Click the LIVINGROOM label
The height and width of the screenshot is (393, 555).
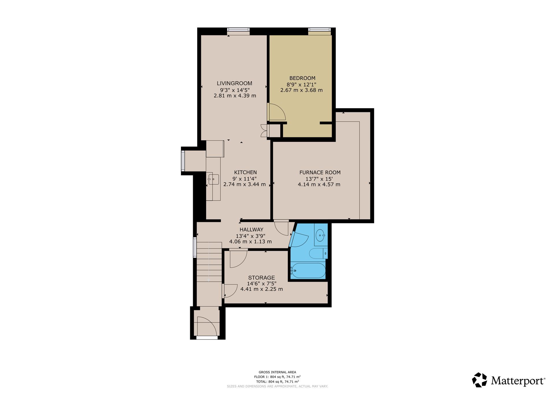pyautogui.click(x=234, y=83)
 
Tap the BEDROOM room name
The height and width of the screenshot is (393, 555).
pyautogui.click(x=302, y=78)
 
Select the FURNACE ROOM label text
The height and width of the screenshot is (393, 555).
pyautogui.click(x=320, y=172)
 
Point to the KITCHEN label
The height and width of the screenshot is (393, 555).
pyautogui.click(x=245, y=172)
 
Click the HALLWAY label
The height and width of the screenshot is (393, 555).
pyautogui.click(x=251, y=230)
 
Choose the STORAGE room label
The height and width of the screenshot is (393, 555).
pyautogui.click(x=262, y=278)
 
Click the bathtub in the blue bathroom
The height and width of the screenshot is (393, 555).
pyautogui.click(x=308, y=271)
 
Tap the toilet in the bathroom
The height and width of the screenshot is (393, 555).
pyautogui.click(x=318, y=254)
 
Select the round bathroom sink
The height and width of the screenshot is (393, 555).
pyautogui.click(x=320, y=235)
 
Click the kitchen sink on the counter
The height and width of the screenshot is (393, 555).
pyautogui.click(x=213, y=179)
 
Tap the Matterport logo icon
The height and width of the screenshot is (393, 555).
pyautogui.click(x=480, y=380)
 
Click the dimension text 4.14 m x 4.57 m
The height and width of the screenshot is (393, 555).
pyautogui.click(x=319, y=184)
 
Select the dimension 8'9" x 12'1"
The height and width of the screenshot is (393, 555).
pyautogui.click(x=301, y=85)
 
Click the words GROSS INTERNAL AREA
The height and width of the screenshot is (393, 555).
pyautogui.click(x=277, y=372)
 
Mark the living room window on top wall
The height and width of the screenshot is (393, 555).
pyautogui.click(x=238, y=30)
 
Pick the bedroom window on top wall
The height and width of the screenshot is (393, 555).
pyautogui.click(x=319, y=30)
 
